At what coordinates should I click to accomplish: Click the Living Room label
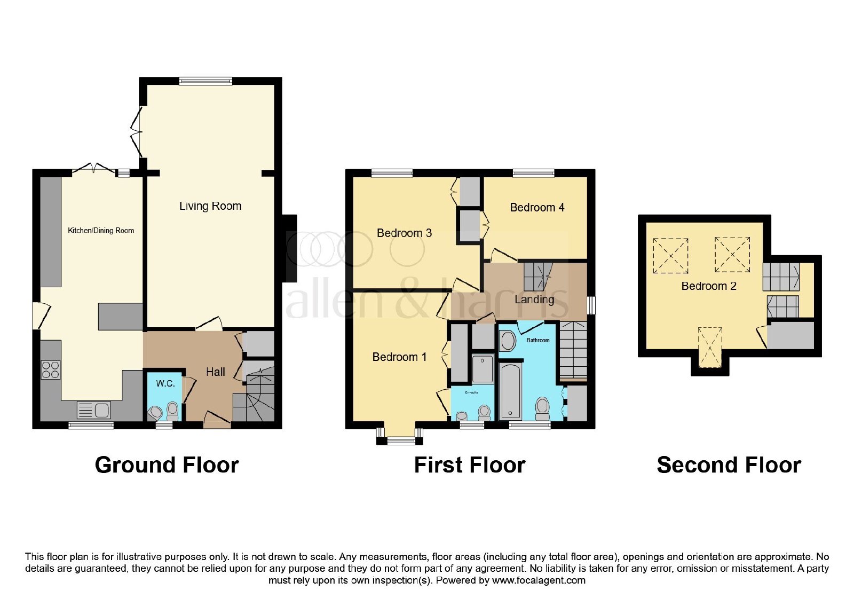(x=210, y=206)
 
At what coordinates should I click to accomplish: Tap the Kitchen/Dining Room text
(x=101, y=230)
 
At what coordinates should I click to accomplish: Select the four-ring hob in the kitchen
(x=50, y=370)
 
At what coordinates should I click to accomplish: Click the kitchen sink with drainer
(x=94, y=411)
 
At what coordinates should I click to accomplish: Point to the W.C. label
(x=165, y=383)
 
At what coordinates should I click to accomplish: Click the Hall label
(x=216, y=372)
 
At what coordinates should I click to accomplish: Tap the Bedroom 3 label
(x=404, y=233)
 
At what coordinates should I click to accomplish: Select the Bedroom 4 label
(x=537, y=208)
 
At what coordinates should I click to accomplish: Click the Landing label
(x=534, y=300)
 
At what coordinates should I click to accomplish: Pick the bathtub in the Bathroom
(x=510, y=391)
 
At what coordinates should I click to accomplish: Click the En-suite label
(x=472, y=392)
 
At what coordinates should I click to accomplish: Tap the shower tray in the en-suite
(x=483, y=368)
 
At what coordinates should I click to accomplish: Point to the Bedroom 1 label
(x=399, y=357)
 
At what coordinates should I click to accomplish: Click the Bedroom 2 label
(x=709, y=286)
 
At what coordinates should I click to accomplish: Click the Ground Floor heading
(x=167, y=465)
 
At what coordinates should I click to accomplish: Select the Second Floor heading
(x=729, y=465)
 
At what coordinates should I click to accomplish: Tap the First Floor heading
(x=470, y=465)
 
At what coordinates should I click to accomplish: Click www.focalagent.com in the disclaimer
(x=539, y=580)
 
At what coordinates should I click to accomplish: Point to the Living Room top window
(x=205, y=81)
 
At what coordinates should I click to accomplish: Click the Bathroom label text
(x=538, y=340)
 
